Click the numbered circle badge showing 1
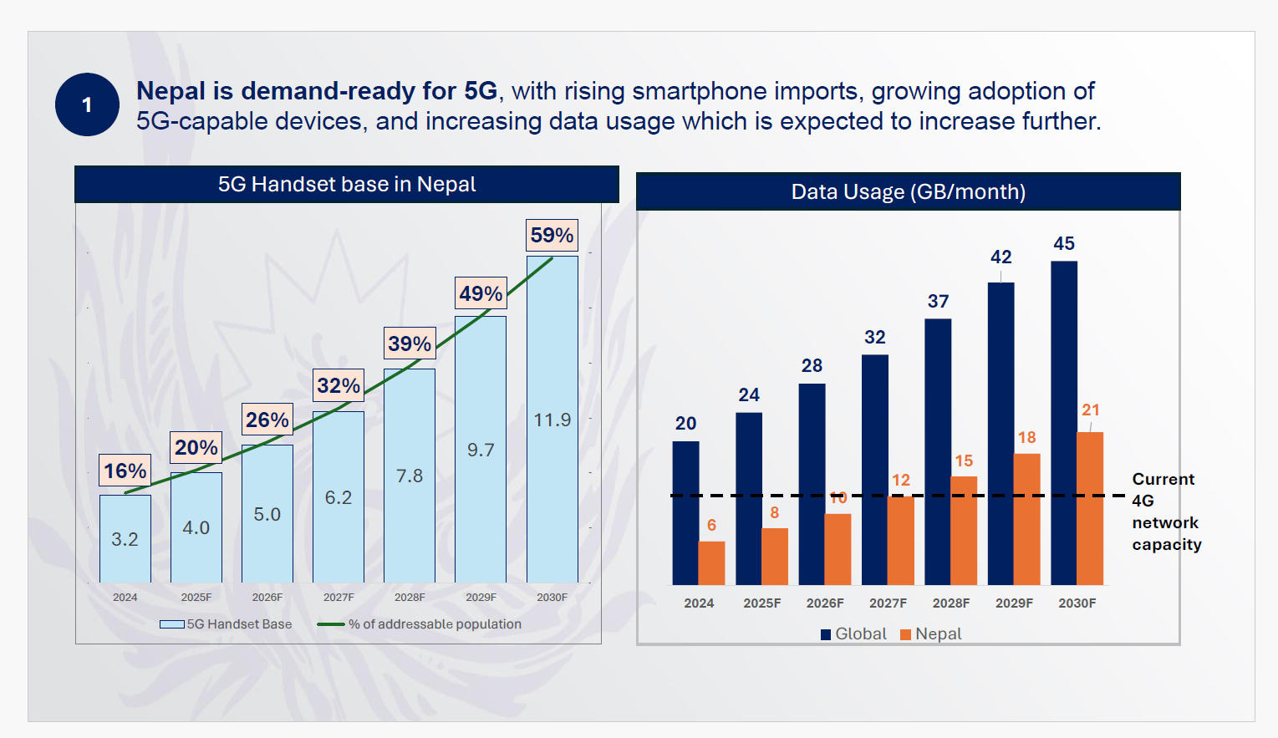87,104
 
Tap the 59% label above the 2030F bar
552,235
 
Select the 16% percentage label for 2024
125,471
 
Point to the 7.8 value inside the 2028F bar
410,476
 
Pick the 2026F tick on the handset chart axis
267,597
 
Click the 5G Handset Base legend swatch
172,624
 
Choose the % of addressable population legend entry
420,624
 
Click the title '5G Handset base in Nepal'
347,184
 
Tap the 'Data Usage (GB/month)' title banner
909,191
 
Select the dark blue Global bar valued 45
1064,422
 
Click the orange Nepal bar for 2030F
1090,508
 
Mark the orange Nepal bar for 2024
711,562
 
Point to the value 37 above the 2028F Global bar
938,301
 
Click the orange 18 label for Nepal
1026,437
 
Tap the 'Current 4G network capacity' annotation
1166,512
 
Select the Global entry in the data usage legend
853,634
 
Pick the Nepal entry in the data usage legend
931,634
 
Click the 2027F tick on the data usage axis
888,603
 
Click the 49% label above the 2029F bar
481,293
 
